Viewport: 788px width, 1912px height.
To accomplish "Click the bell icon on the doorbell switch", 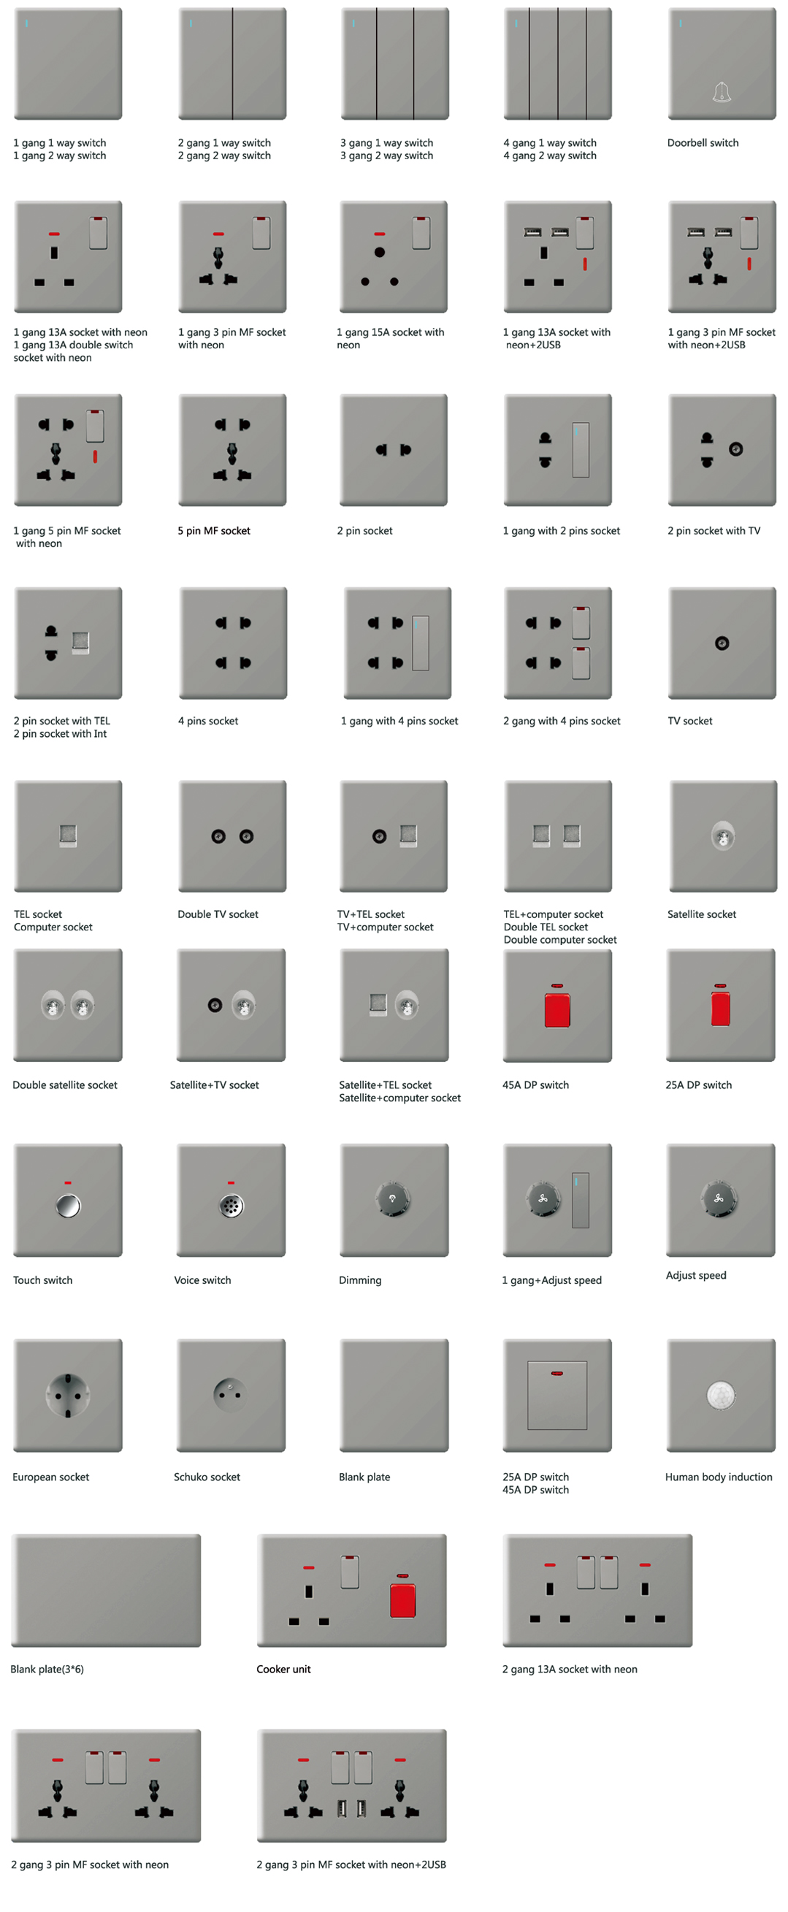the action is [x=722, y=93].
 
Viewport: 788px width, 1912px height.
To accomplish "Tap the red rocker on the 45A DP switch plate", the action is [x=557, y=1010].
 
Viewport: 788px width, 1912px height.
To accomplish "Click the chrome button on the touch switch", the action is [x=68, y=1205].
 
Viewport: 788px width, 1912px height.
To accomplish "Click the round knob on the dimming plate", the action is [x=393, y=1199].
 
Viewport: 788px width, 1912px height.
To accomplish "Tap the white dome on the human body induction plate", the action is [x=721, y=1395].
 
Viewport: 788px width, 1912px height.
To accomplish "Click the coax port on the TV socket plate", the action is [x=722, y=643].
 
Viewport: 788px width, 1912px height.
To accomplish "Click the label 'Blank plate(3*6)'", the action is [x=47, y=1670].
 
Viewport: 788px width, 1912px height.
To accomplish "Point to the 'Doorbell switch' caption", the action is [x=703, y=142].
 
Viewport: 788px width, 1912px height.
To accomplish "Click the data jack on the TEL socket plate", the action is [x=68, y=835].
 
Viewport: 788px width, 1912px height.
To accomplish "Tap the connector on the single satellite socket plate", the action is [x=723, y=835].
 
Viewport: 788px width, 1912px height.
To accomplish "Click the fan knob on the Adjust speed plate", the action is [x=718, y=1198].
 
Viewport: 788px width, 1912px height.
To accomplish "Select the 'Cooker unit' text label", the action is [x=283, y=1670].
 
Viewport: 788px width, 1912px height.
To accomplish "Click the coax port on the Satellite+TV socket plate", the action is [x=215, y=1005].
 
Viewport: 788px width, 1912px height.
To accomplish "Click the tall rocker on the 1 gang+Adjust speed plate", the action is [x=581, y=1200].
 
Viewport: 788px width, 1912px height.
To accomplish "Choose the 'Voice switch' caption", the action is [x=202, y=1280].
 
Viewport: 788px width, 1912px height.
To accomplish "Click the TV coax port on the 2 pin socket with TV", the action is [x=735, y=449].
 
